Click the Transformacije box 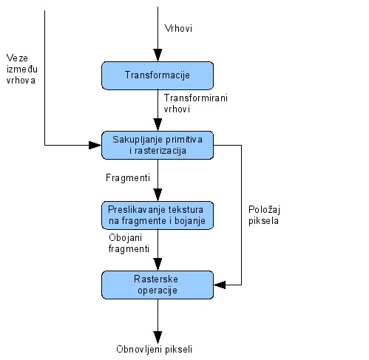point(158,75)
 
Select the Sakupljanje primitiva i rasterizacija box point(158,145)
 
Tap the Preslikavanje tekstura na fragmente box point(158,215)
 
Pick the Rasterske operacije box point(158,285)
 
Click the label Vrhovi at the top point(178,28)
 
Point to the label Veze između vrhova point(21,69)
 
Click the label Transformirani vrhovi point(196,103)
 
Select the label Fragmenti point(128,177)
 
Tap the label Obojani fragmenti point(129,243)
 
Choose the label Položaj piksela point(264,215)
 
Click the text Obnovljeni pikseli point(154,349)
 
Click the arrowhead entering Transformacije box point(158,55)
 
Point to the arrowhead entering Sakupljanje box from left point(95,145)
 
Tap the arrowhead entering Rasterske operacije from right point(220,285)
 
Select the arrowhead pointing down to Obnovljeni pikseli point(158,337)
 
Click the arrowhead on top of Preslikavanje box point(158,195)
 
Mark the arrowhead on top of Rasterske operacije point(158,265)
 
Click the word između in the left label point(22,69)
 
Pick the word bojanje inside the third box point(190,221)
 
